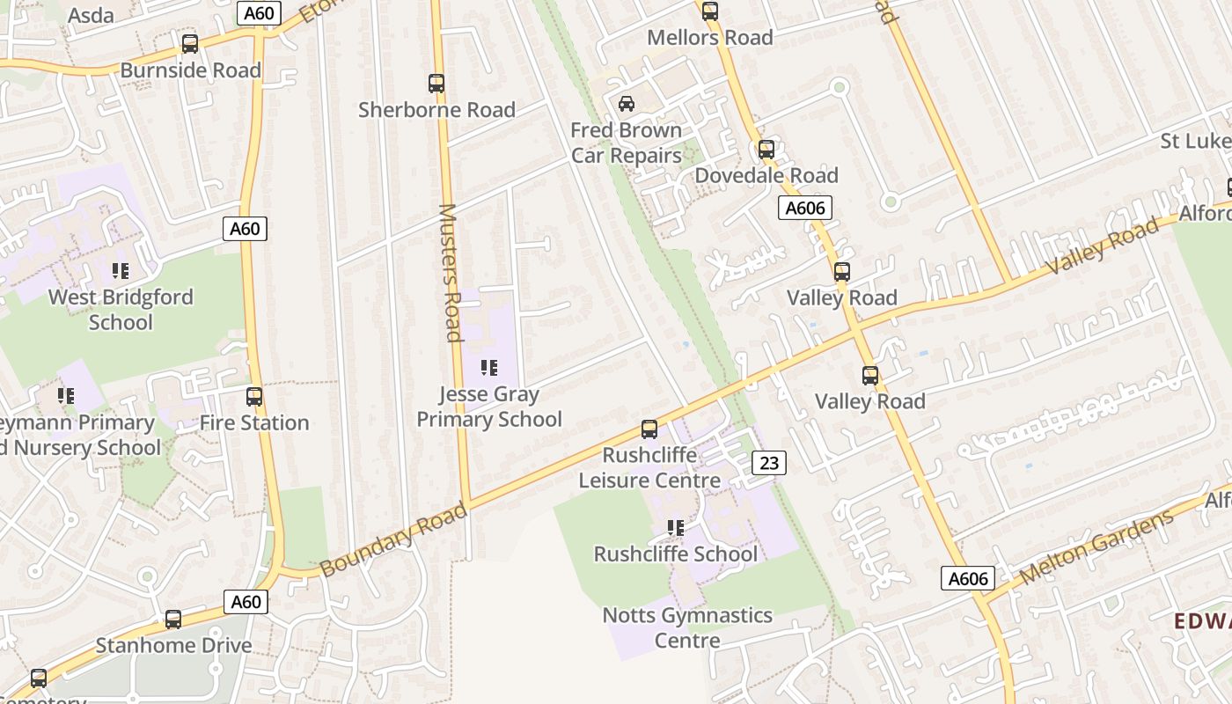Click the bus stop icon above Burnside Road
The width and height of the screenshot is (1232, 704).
[x=189, y=44]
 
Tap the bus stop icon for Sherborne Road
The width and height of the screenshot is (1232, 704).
[x=436, y=84]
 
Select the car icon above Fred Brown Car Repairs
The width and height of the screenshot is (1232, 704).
[x=626, y=104]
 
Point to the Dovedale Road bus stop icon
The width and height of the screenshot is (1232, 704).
[x=766, y=150]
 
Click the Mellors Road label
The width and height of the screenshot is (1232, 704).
[x=709, y=38]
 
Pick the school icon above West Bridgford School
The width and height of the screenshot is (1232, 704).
[x=121, y=271]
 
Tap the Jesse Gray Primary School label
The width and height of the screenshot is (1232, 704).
[x=489, y=407]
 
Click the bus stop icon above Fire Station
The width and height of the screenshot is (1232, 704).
[x=254, y=397]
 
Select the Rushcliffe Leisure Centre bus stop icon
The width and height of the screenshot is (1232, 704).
[x=649, y=429]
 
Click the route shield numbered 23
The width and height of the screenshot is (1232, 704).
[x=768, y=463]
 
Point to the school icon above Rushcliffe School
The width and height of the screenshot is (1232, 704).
[x=675, y=528]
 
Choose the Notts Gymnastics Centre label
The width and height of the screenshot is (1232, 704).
[x=687, y=627]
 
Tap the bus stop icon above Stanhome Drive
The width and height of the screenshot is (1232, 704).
[x=173, y=620]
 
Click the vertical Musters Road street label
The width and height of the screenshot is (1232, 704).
[x=450, y=273]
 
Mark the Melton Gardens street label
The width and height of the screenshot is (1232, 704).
[x=1097, y=547]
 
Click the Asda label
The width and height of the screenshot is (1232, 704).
[x=91, y=16]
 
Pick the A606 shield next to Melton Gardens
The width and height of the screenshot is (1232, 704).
[x=968, y=578]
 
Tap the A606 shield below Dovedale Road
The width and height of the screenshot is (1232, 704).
[x=805, y=209]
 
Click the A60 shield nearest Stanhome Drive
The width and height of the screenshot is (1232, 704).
[x=246, y=602]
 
